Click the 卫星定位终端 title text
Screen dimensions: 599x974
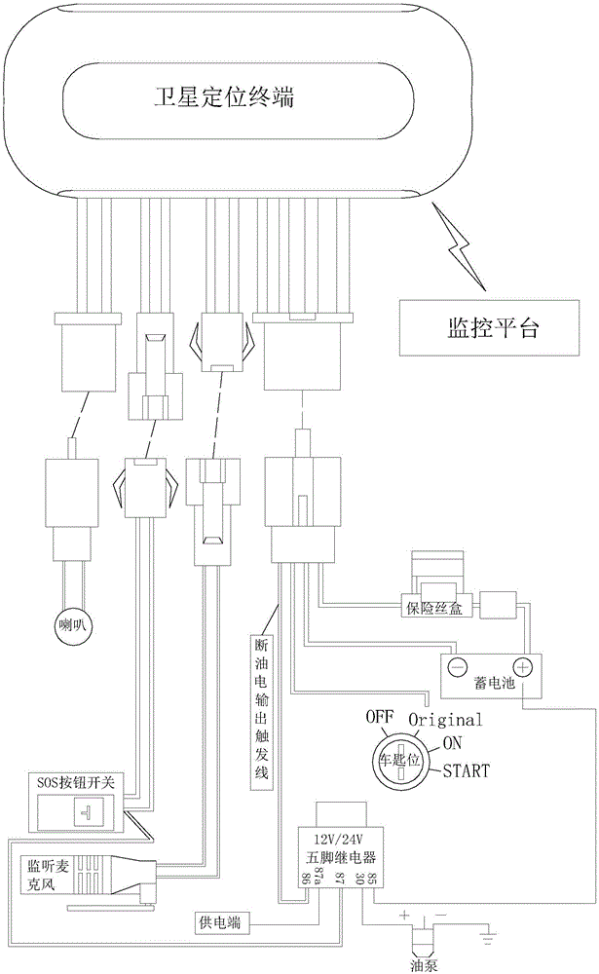click(224, 96)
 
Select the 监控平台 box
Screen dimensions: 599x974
click(490, 328)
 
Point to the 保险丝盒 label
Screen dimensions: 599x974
click(435, 608)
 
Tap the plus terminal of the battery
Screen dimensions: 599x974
click(524, 668)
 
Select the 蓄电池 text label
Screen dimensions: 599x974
click(495, 683)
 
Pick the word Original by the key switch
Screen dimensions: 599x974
click(445, 720)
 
